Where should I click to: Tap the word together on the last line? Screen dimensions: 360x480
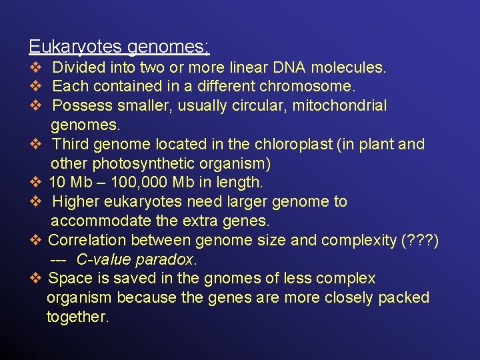77,317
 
